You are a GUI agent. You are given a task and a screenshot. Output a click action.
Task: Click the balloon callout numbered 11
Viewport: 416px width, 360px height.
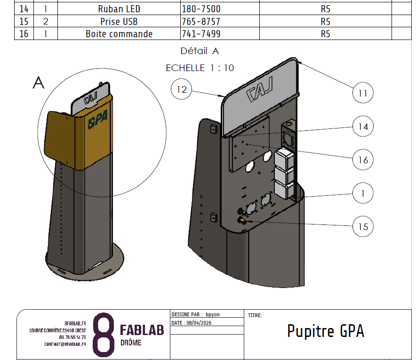point(363,93)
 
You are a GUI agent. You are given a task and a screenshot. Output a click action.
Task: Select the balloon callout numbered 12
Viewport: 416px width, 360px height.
point(182,89)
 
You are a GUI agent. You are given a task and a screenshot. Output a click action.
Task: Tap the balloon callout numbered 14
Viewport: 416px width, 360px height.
point(363,127)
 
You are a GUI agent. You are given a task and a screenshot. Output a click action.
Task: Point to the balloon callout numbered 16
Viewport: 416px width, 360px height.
point(363,160)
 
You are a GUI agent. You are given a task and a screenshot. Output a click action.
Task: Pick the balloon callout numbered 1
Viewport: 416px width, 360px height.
point(363,193)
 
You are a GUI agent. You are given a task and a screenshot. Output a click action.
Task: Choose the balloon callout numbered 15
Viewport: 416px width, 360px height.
point(363,227)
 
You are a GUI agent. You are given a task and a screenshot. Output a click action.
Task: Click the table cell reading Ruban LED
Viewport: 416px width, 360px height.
point(119,9)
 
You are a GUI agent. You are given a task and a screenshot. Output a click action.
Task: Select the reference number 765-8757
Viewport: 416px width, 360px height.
point(201,22)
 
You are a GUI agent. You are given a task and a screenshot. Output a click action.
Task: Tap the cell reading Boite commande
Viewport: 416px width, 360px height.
point(119,34)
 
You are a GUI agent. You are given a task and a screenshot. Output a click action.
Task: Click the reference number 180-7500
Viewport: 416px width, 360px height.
point(201,9)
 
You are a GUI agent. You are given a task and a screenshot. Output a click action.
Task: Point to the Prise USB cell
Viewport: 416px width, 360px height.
point(119,22)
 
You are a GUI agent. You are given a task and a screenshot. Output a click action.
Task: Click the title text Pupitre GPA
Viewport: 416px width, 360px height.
point(326,331)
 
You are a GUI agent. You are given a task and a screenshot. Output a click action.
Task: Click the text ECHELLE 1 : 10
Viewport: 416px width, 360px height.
point(200,68)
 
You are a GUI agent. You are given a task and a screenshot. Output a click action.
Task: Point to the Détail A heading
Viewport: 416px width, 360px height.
point(200,51)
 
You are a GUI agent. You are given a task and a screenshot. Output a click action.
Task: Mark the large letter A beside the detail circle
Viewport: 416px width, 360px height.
point(39,83)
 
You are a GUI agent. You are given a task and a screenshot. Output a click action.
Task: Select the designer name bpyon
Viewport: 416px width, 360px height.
point(213,314)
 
